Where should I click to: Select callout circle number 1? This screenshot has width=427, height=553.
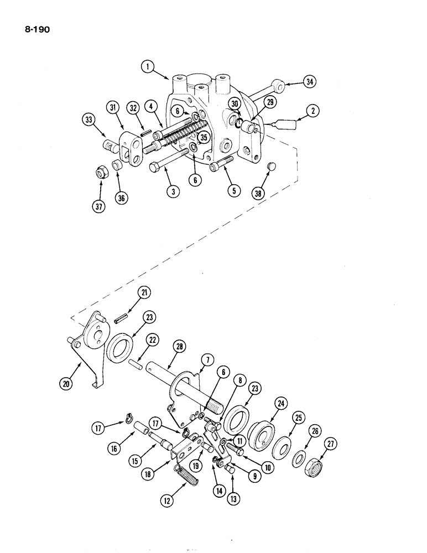147,67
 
